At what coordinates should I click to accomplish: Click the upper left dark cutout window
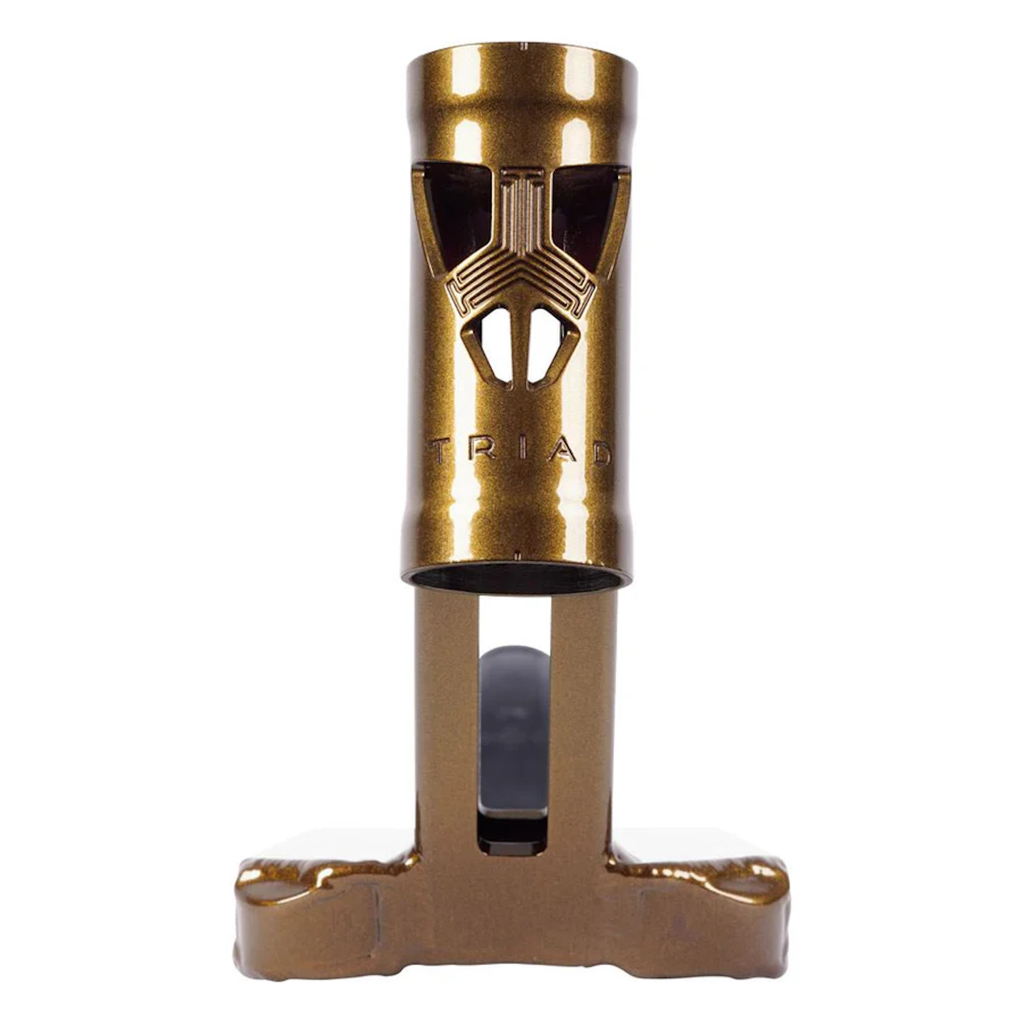point(454,211)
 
